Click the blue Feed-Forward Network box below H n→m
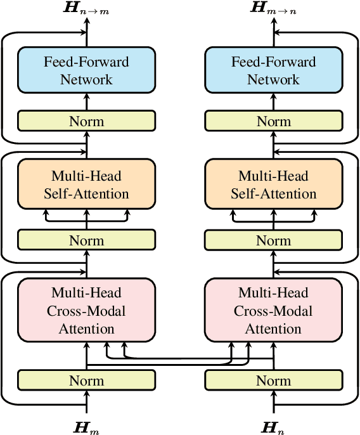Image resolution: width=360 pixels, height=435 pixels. click(x=86, y=70)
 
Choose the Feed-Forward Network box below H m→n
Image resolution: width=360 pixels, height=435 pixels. click(x=273, y=70)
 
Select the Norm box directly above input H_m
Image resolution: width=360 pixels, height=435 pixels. click(x=86, y=380)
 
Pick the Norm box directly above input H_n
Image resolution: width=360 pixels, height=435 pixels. click(x=273, y=380)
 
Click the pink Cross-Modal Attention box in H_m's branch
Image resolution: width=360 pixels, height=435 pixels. click(x=86, y=311)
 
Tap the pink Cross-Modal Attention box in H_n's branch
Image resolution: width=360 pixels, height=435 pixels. click(x=273, y=311)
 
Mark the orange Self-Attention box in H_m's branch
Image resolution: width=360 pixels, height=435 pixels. click(x=86, y=185)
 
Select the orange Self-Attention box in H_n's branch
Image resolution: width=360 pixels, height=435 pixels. click(x=273, y=185)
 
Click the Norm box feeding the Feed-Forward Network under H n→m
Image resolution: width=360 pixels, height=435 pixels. click(x=86, y=121)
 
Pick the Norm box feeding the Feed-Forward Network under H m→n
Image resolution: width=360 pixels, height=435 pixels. click(x=273, y=121)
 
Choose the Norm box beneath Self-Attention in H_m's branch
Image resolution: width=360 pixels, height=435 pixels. click(x=86, y=240)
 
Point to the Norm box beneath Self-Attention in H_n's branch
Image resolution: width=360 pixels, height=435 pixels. click(x=273, y=240)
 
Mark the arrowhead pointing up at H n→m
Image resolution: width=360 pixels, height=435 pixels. click(x=86, y=20)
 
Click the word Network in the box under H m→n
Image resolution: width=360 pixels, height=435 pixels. click(x=273, y=79)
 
